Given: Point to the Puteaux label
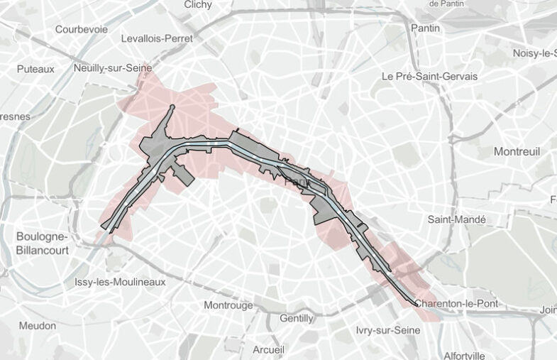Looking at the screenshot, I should pyautogui.click(x=35, y=69).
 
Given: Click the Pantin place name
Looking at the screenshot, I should pyautogui.click(x=425, y=28).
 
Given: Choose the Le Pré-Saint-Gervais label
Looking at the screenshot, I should pyautogui.click(x=429, y=76).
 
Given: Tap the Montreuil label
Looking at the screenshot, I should pyautogui.click(x=517, y=151).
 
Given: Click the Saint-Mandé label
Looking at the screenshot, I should pyautogui.click(x=456, y=219).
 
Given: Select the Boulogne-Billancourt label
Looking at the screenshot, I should pyautogui.click(x=43, y=242).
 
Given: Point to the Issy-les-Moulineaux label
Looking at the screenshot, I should pyautogui.click(x=120, y=282).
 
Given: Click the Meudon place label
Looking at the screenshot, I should pyautogui.click(x=38, y=325).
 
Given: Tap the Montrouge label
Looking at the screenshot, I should pyautogui.click(x=228, y=305).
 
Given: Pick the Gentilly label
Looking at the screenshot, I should pyautogui.click(x=297, y=318).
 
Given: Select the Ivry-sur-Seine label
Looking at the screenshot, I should pyautogui.click(x=388, y=330).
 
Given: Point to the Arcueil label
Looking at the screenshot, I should pyautogui.click(x=268, y=349).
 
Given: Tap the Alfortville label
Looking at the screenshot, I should pyautogui.click(x=464, y=355).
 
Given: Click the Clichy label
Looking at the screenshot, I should pyautogui.click(x=197, y=4).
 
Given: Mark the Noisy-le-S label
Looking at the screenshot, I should pyautogui.click(x=534, y=53).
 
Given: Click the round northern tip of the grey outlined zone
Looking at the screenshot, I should pyautogui.click(x=172, y=108).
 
